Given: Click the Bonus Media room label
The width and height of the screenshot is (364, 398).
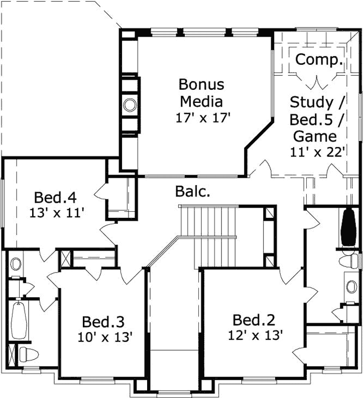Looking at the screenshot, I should pos(201,92).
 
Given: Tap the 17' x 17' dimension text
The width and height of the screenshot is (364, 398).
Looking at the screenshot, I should pos(202,118).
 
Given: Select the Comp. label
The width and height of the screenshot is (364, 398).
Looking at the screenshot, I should pos(319,60).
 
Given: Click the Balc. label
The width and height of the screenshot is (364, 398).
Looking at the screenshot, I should pos(192,191).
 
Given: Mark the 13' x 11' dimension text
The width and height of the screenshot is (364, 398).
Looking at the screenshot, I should pos(55,213).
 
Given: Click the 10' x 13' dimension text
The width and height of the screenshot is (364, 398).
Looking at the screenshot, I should pos(105,337).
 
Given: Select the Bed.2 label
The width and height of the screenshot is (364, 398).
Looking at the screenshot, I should pos(254,320).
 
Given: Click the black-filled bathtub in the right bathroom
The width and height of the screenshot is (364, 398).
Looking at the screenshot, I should pos(348,228).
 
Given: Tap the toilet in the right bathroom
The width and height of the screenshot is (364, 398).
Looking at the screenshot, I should pos(348,261).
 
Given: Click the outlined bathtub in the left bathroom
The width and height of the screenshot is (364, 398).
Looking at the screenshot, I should pos(18,320).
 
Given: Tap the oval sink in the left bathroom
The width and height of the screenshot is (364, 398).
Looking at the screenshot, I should pos(16,263).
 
